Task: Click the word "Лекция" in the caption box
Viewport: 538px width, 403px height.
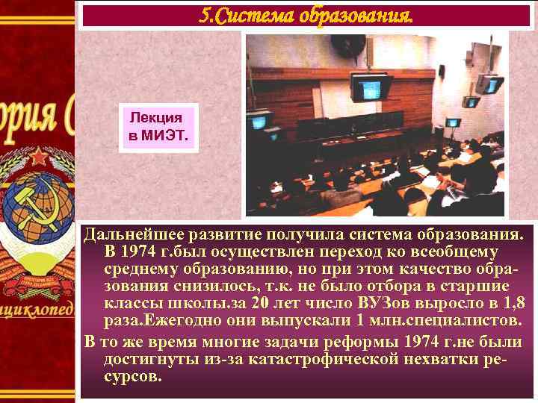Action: pos(155,118)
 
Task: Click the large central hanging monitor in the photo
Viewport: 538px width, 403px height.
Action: pos(371,87)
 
